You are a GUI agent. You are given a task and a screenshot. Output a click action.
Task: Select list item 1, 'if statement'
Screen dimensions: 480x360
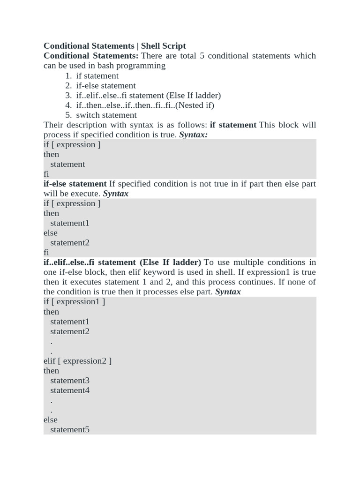pyautogui.click(x=97, y=75)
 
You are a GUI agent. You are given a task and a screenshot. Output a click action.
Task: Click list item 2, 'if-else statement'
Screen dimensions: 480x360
pyautogui.click(x=106, y=85)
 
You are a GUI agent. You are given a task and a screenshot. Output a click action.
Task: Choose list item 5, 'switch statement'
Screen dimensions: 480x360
pyautogui.click(x=106, y=115)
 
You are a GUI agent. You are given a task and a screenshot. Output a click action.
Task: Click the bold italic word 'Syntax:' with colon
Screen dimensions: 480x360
pyautogui.click(x=194, y=135)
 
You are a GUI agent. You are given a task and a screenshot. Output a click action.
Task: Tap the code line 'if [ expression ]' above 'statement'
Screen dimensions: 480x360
pyautogui.click(x=72, y=144)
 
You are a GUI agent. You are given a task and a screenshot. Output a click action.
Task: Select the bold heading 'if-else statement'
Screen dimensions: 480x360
pyautogui.click(x=75, y=184)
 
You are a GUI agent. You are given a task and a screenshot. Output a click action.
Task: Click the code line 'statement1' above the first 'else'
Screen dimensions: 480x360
pyautogui.click(x=70, y=223)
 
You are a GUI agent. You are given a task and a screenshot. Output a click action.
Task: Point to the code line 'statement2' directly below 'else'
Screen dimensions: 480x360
pyautogui.click(x=70, y=243)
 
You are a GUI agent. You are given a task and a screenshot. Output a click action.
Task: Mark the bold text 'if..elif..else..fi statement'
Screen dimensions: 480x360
pyautogui.click(x=90, y=262)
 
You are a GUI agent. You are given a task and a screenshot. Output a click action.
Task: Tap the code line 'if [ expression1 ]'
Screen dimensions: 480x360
pyautogui.click(x=74, y=301)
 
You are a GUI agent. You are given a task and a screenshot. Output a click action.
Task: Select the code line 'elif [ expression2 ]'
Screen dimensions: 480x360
pyautogui.click(x=77, y=361)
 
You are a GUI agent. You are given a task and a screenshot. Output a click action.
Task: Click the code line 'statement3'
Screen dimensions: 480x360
pyautogui.click(x=70, y=380)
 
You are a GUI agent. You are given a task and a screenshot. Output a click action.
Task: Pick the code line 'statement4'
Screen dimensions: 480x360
pyautogui.click(x=70, y=390)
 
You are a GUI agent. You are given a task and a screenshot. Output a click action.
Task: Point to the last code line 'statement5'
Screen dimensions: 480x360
pyautogui.click(x=70, y=429)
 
